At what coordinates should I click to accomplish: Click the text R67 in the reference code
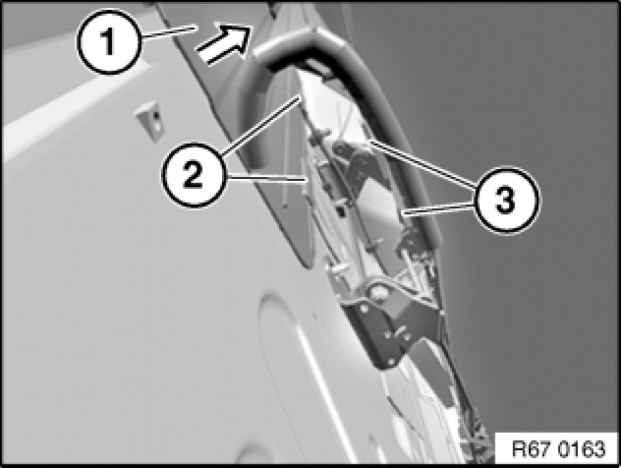[x=532, y=450]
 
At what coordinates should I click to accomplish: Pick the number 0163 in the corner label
[x=583, y=450]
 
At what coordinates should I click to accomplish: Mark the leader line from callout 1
[x=167, y=31]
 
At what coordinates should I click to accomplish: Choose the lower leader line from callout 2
[x=266, y=179]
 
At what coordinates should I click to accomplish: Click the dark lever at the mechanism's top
[x=353, y=163]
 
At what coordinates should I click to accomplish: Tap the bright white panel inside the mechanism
[x=376, y=206]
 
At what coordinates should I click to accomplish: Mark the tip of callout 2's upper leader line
[x=299, y=95]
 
